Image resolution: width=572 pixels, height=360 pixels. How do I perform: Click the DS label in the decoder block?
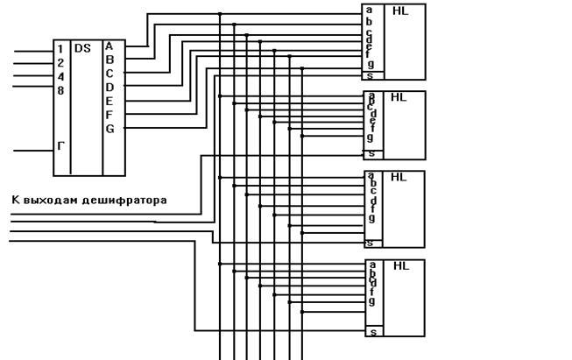coord(83,49)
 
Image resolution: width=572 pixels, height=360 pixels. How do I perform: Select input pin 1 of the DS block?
coord(60,49)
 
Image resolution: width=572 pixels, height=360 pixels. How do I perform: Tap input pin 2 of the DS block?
coord(60,62)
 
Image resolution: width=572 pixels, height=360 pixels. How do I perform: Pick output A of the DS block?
coord(109,46)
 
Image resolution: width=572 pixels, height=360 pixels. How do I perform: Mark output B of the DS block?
coord(109,60)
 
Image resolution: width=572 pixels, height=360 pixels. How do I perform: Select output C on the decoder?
coord(109,74)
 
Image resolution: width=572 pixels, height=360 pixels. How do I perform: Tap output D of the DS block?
coord(109,87)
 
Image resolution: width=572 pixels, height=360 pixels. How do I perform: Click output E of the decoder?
coord(109,101)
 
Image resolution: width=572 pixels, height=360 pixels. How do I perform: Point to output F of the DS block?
coord(109,115)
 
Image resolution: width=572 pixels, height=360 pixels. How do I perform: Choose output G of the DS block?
coord(109,129)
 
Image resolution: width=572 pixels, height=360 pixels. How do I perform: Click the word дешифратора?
coord(124,201)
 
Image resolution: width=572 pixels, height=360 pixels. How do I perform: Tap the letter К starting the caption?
coord(15,201)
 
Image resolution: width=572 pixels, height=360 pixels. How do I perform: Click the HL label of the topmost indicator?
coord(400,11)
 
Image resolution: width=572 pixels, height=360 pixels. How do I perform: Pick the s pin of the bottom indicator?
coord(372,332)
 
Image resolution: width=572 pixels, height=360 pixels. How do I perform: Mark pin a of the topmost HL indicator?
coord(369,11)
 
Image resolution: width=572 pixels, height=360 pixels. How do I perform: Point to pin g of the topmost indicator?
coord(371,63)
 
